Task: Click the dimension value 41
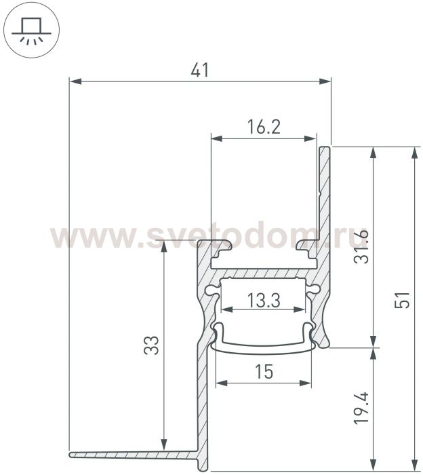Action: click(200, 71)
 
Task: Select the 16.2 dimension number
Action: click(264, 127)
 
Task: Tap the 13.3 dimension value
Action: click(264, 300)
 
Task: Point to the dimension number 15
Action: click(264, 371)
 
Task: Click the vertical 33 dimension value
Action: click(151, 345)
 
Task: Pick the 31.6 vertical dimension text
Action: click(361, 246)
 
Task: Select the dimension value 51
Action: click(402, 300)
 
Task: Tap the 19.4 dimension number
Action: click(361, 408)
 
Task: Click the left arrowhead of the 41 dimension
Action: click(76, 81)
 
